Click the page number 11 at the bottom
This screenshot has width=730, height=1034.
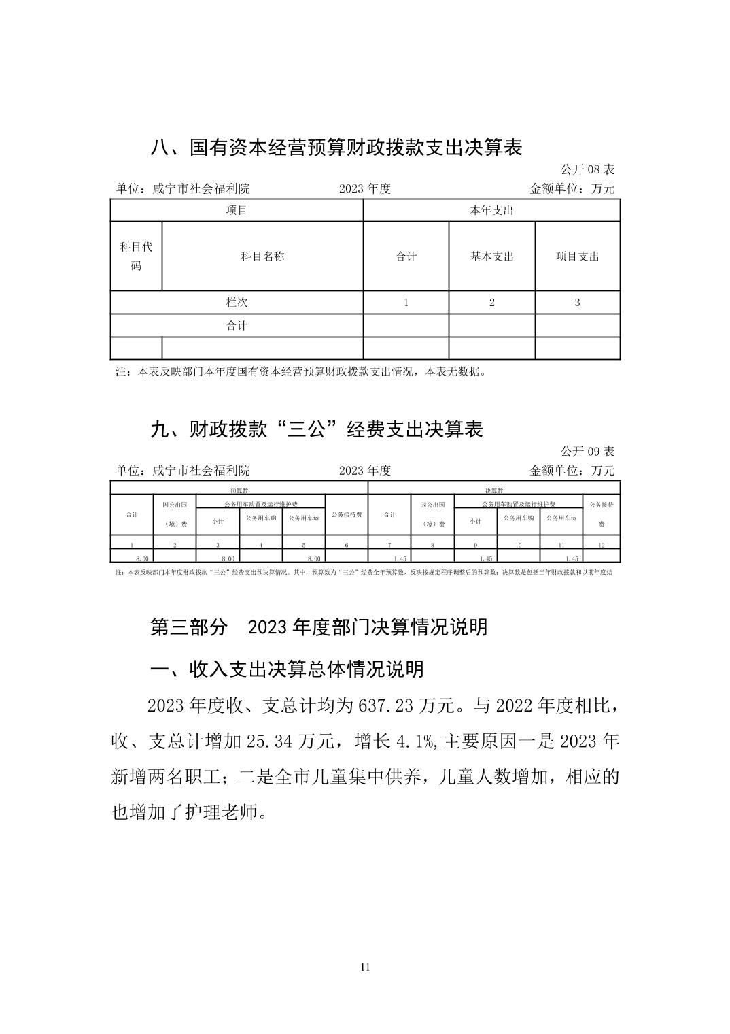click(x=365, y=967)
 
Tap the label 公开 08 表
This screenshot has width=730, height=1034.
click(x=587, y=169)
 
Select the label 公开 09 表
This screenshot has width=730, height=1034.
click(x=587, y=451)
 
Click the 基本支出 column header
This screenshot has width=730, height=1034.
click(x=492, y=256)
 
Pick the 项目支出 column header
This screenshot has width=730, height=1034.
click(x=578, y=256)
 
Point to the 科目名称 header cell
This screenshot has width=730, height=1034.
click(x=262, y=256)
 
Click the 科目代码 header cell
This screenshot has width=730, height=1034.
click(x=136, y=256)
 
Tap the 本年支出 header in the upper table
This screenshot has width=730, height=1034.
click(x=492, y=210)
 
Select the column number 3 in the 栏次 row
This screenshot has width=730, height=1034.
click(x=578, y=303)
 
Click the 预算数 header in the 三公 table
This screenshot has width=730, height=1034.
click(x=239, y=489)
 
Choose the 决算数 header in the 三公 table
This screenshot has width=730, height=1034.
click(x=493, y=489)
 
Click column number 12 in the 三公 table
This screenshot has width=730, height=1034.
click(x=602, y=546)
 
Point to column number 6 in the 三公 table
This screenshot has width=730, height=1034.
click(x=347, y=546)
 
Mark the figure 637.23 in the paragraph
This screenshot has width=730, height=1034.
click(x=385, y=705)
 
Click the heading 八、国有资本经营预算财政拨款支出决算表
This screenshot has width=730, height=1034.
click(x=336, y=148)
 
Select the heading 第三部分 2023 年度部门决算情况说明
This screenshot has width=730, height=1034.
click(x=319, y=627)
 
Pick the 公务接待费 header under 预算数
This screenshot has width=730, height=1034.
click(x=347, y=514)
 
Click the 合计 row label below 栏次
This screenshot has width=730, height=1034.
click(x=237, y=326)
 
